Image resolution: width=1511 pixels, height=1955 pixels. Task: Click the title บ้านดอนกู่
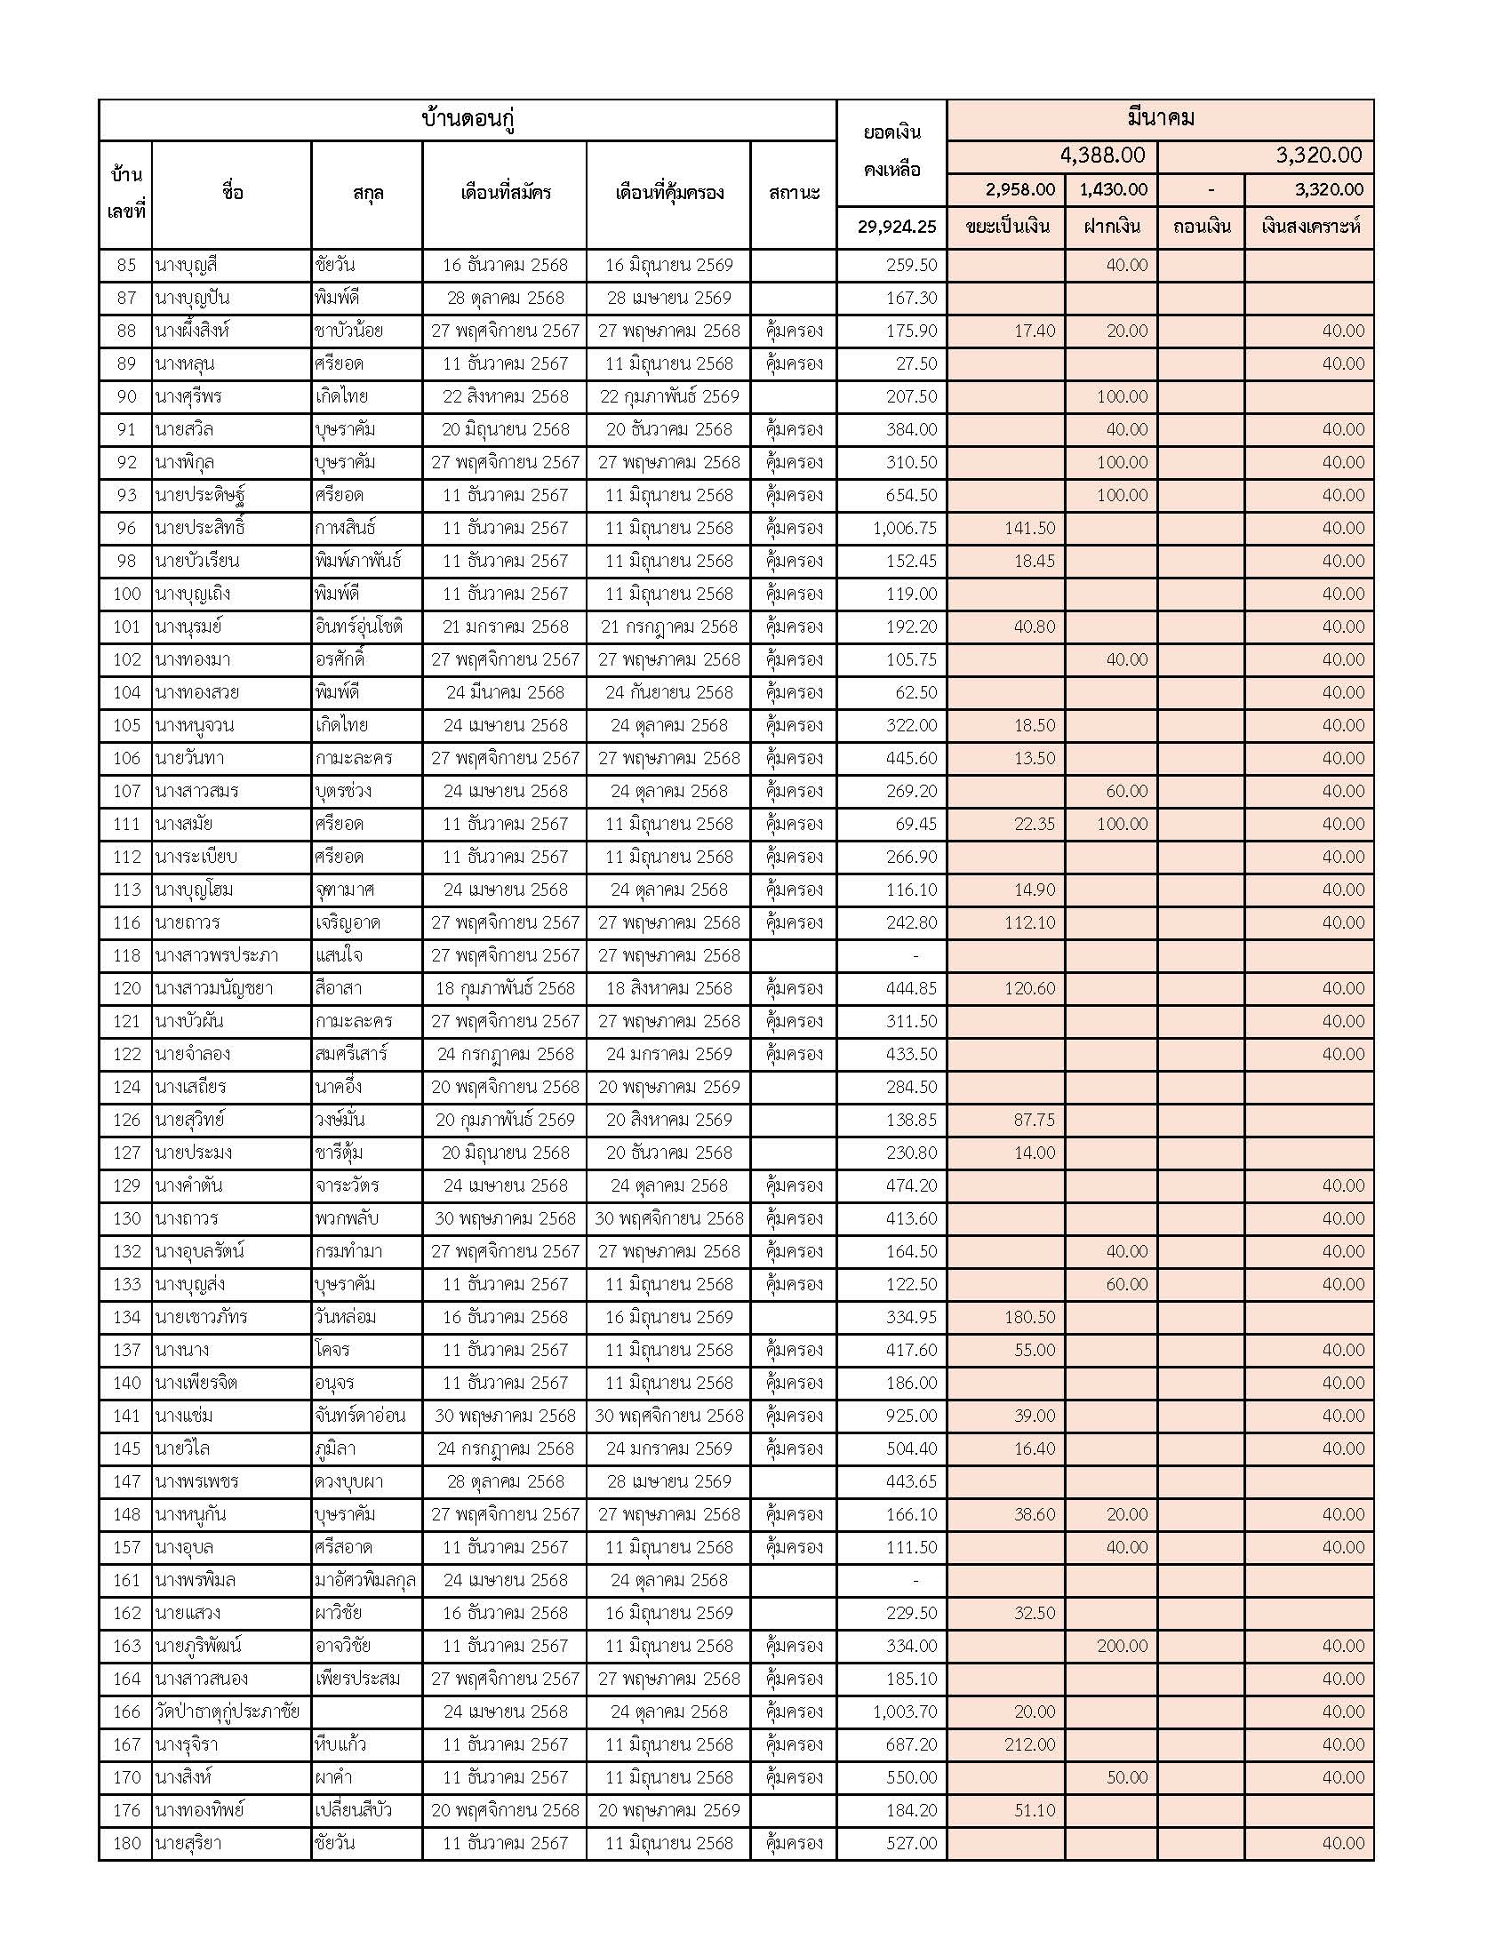(x=468, y=120)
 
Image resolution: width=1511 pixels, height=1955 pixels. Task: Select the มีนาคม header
(x=1160, y=119)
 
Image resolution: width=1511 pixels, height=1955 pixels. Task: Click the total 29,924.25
(x=896, y=227)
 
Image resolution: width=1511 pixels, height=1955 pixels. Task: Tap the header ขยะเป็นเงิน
(x=1007, y=227)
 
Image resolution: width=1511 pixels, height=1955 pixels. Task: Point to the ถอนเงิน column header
(x=1202, y=227)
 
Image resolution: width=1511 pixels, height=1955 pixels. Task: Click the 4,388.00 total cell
(x=1102, y=156)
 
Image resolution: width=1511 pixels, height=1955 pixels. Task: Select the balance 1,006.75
(x=904, y=528)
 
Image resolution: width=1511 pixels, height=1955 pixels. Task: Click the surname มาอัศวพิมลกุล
(x=365, y=1581)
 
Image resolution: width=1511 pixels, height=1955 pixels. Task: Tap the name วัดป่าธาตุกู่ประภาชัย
(x=227, y=1712)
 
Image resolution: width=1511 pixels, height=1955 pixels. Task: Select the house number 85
(x=126, y=265)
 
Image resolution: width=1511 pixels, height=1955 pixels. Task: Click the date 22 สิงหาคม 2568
(x=505, y=396)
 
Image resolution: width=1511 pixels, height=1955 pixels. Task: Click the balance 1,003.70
(x=904, y=1712)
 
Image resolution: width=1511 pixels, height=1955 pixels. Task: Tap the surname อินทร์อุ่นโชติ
(x=359, y=626)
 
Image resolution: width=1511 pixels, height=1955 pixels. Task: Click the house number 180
(x=126, y=1843)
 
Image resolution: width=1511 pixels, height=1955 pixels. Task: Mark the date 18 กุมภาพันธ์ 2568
(x=505, y=988)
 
